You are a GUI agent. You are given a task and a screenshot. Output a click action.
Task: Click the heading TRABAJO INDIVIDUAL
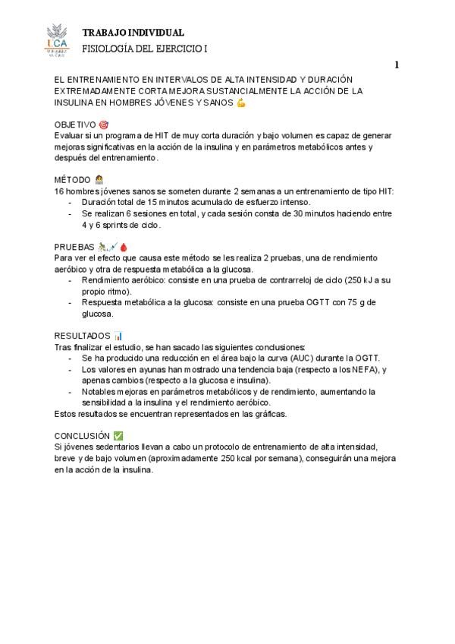click(133, 33)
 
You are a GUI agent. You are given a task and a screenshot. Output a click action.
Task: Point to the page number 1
click(397, 65)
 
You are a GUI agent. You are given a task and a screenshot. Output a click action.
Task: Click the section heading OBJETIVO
click(75, 124)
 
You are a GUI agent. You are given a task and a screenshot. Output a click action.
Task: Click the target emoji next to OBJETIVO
click(104, 124)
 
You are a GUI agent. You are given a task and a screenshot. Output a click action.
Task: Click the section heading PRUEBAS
click(74, 247)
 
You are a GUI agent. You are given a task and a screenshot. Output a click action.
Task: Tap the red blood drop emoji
click(124, 247)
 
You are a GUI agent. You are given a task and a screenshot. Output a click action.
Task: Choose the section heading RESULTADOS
click(82, 335)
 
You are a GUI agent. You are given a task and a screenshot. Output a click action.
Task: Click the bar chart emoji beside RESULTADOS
click(118, 335)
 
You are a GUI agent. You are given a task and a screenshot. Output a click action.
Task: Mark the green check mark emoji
click(118, 436)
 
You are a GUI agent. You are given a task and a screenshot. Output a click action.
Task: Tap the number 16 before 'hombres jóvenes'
click(59, 191)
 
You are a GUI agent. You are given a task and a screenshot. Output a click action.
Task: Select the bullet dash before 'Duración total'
click(71, 203)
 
